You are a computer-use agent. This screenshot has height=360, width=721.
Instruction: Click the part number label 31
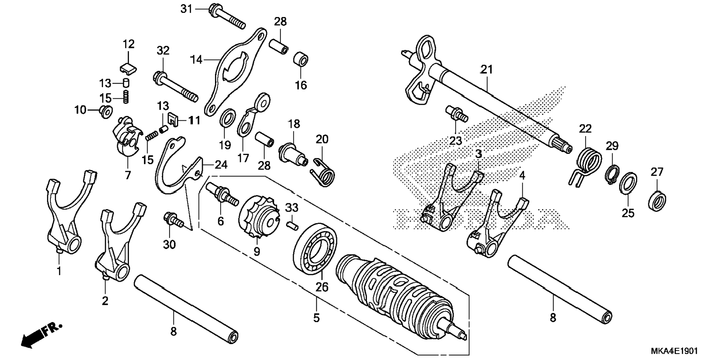pos(186,8)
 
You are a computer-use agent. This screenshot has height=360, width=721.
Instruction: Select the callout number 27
pos(657,172)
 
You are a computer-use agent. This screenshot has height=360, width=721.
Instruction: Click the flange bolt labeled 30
pos(173,220)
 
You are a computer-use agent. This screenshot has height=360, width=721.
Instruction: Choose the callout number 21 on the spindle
pos(486,69)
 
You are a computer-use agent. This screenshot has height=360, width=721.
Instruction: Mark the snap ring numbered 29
pos(611,174)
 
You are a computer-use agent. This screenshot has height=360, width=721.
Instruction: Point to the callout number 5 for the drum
pos(316,318)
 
